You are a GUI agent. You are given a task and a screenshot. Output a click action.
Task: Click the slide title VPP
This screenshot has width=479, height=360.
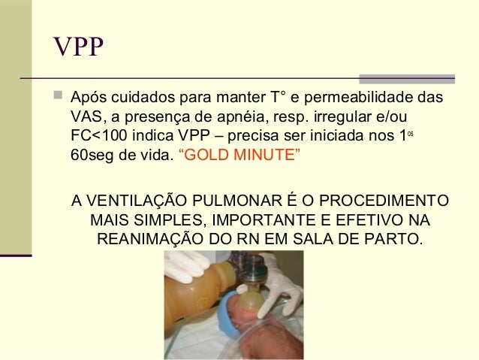click(x=78, y=49)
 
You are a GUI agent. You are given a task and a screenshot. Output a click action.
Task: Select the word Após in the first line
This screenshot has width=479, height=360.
click(x=89, y=99)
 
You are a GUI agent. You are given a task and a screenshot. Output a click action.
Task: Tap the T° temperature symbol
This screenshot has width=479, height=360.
click(x=278, y=99)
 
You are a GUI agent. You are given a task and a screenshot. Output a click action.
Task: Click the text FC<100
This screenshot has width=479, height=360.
click(x=96, y=139)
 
